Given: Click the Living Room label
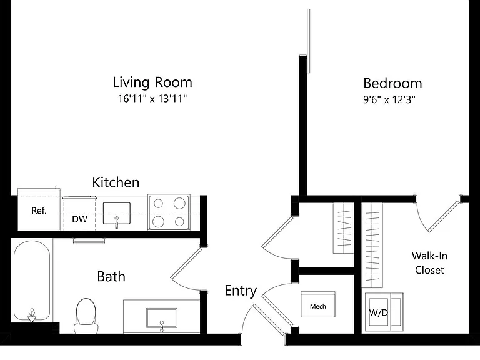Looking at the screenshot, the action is tap(152, 82).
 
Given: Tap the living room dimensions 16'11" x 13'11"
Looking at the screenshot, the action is tap(152, 99).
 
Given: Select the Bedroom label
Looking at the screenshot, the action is tap(392, 83).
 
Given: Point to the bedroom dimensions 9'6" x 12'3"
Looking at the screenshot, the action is tap(389, 99).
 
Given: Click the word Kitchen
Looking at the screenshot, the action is tap(116, 182).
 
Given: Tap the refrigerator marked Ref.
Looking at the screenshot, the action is tap(39, 210).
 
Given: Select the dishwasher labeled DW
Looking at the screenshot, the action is tap(79, 214).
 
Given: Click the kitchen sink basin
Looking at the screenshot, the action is tap(117, 213).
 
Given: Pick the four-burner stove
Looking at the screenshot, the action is tap(169, 212).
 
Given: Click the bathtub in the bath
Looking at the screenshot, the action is tap(31, 281).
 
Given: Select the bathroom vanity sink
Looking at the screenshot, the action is tap(162, 318).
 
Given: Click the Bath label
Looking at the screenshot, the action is tap(111, 277).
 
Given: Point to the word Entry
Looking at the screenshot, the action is tap(241, 291).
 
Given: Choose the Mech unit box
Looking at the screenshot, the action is tap(318, 304).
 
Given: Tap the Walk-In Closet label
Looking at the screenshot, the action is tap(429, 263).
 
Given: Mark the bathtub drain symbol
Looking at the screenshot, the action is tap(31, 316).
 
